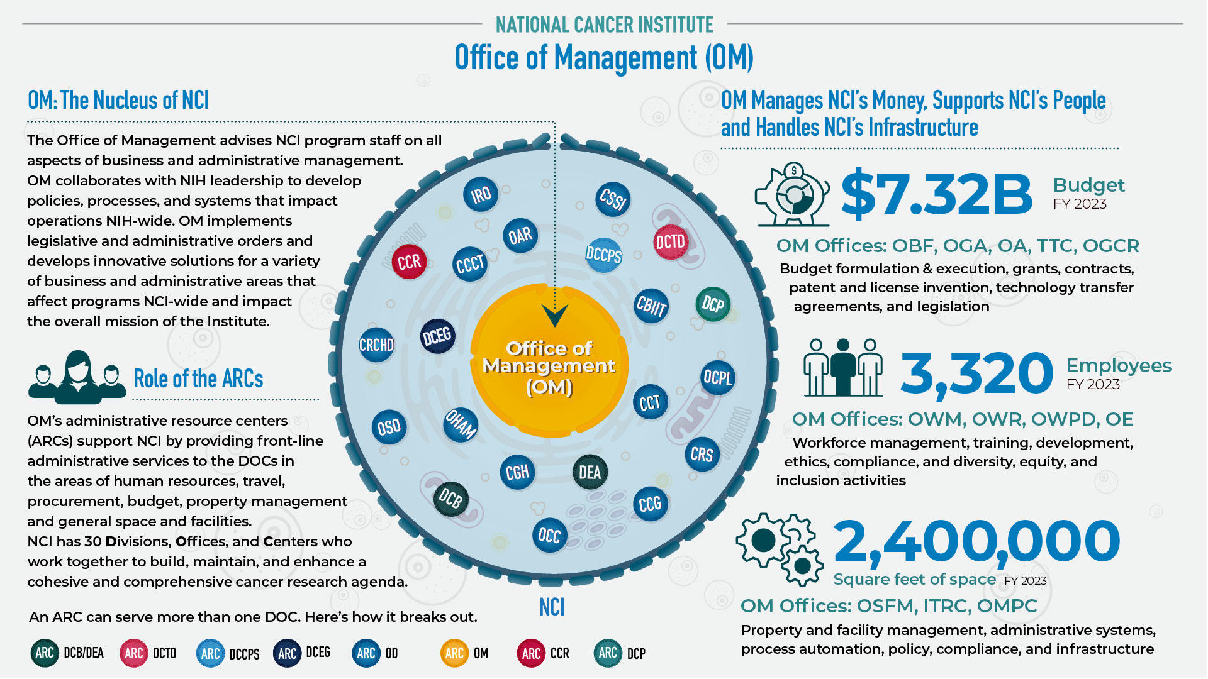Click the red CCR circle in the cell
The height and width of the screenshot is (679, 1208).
[409, 262]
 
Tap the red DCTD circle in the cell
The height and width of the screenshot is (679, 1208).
[670, 242]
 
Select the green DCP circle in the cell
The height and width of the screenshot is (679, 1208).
[713, 305]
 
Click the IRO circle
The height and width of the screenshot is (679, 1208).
[481, 195]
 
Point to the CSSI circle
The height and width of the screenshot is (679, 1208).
[613, 199]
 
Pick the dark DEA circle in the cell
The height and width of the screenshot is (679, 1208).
[590, 473]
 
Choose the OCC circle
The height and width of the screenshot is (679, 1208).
[549, 536]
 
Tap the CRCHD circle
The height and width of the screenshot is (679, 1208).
[376, 345]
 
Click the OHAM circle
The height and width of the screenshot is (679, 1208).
[461, 424]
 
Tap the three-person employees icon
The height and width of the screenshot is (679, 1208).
[843, 368]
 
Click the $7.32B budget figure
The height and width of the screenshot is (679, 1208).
[937, 194]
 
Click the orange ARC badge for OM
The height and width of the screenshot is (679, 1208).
[454, 653]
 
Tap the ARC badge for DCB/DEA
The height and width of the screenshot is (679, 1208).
[45, 653]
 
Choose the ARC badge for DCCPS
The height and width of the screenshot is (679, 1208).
[210, 653]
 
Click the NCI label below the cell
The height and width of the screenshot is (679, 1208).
[552, 607]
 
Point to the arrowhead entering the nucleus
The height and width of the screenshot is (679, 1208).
[555, 315]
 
